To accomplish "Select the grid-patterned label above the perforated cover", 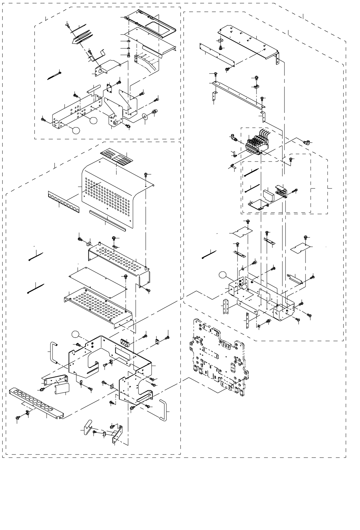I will click(116, 158).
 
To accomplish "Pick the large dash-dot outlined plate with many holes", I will click(217, 355).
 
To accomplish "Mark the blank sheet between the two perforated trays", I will click(98, 278).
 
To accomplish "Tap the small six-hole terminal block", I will click(125, 343).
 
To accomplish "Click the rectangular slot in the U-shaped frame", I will click(123, 352).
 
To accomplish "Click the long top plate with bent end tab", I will click(247, 41).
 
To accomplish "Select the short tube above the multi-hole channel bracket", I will click(92, 89).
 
